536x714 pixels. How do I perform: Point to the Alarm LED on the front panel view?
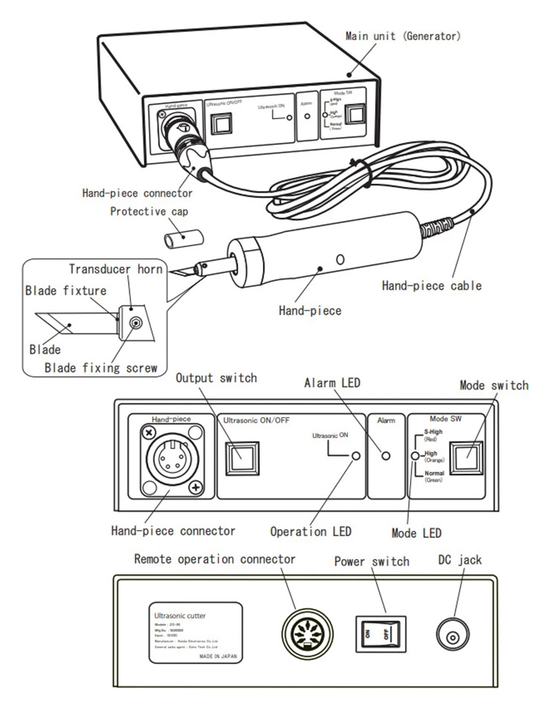[x=385, y=454]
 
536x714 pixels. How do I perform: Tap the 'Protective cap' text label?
[x=149, y=211]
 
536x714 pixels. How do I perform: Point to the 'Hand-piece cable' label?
[x=432, y=284]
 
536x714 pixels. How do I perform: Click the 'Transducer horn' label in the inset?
[x=116, y=268]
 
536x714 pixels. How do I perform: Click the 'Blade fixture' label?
[x=66, y=290]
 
